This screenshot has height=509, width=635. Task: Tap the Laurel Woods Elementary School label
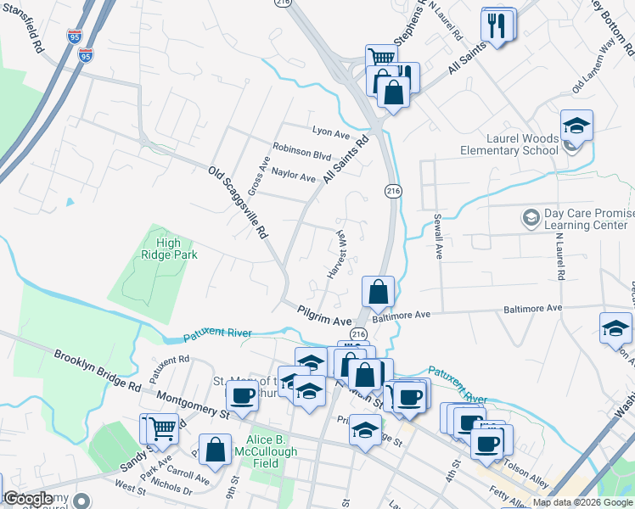pos(509,144)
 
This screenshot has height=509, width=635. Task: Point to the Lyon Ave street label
pos(331,132)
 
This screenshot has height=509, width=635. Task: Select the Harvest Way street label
pos(338,254)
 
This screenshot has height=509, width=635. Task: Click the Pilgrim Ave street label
pos(324,316)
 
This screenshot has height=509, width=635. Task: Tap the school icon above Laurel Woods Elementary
pos(576,126)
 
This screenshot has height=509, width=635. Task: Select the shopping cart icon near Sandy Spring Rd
pos(162,428)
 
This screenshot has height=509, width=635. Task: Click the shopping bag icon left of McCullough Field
pos(216,450)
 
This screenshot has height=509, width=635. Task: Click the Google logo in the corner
pos(27,499)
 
